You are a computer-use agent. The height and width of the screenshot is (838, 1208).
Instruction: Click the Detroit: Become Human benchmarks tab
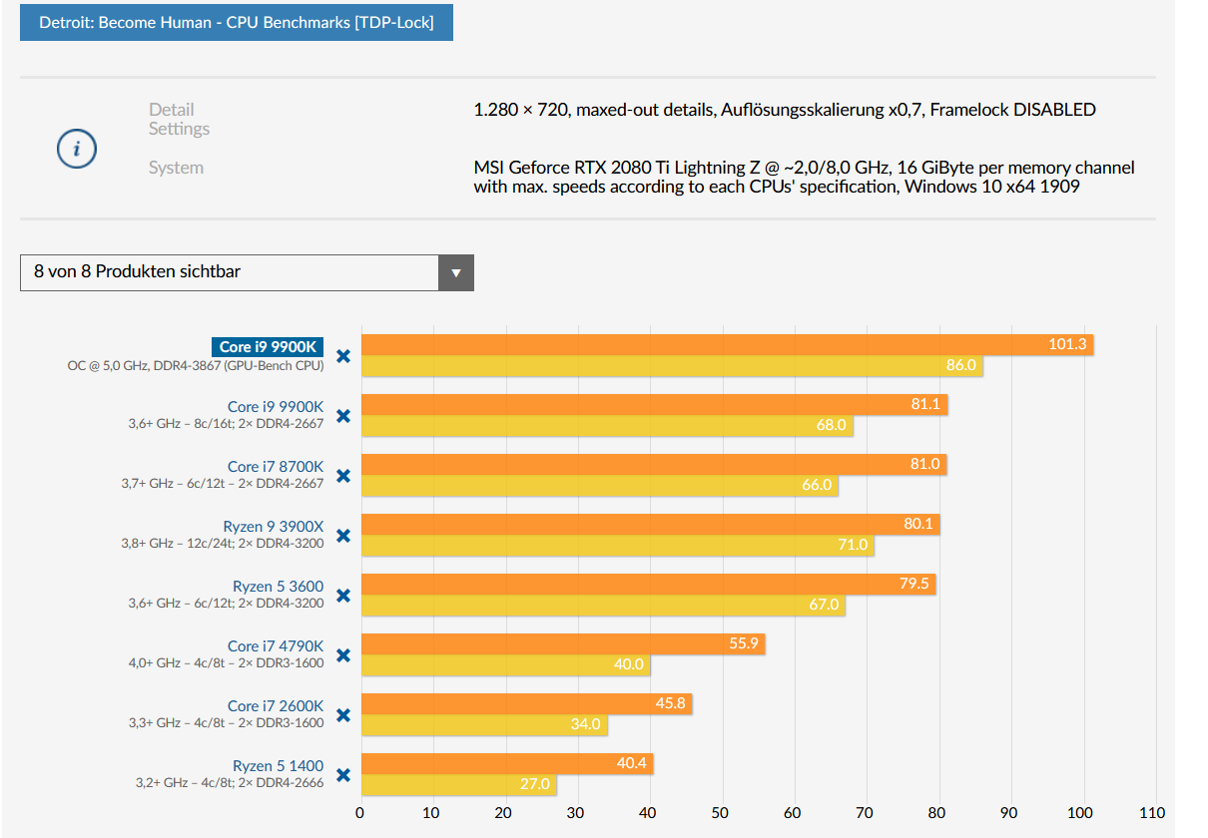click(x=237, y=21)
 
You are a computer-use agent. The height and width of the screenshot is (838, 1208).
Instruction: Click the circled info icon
click(x=77, y=150)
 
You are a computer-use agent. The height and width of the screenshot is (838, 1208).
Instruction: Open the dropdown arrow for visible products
click(x=456, y=272)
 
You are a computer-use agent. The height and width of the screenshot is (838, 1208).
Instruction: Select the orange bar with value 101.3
click(x=727, y=344)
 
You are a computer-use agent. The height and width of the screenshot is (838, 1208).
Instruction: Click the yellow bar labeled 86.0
click(x=671, y=366)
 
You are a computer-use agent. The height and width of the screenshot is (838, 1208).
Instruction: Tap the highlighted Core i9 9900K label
click(x=268, y=347)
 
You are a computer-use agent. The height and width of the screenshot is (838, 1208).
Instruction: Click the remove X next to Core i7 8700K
click(x=343, y=476)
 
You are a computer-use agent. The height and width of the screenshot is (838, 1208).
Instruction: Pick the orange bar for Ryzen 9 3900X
click(x=649, y=524)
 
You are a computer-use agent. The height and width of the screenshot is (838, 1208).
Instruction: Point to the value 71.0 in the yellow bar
click(x=856, y=546)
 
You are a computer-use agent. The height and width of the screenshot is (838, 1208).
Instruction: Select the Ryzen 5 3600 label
click(x=279, y=586)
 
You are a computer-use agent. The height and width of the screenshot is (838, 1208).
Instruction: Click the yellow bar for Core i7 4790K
click(x=505, y=665)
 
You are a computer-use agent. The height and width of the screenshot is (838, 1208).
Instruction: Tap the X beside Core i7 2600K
click(x=343, y=715)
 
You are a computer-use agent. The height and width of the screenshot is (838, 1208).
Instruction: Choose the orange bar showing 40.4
click(x=506, y=763)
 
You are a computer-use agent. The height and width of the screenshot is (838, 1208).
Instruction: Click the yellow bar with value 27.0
click(x=458, y=785)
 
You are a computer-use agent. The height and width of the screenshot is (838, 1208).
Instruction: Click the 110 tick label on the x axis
click(x=1153, y=813)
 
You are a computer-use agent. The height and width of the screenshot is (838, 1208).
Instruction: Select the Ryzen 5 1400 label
click(x=279, y=765)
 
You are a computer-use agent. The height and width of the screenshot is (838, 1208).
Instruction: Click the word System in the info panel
click(x=176, y=168)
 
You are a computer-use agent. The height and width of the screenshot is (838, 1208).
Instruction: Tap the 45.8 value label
click(x=670, y=704)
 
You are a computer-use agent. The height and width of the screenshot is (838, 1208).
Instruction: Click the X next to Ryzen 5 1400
click(x=343, y=775)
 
